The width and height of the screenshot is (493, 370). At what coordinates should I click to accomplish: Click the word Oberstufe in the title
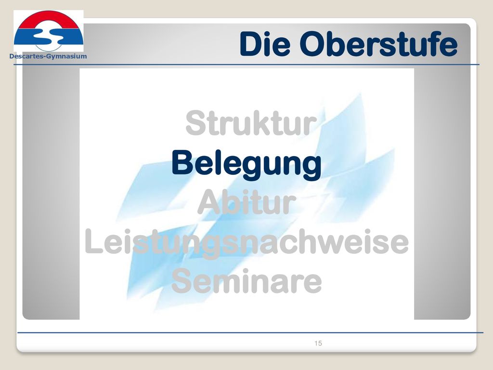(x=378, y=44)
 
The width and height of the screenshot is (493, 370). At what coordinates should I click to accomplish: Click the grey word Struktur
(x=251, y=123)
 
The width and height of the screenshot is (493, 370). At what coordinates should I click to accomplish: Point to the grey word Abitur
(x=247, y=202)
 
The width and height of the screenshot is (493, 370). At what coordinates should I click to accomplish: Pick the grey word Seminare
(x=247, y=281)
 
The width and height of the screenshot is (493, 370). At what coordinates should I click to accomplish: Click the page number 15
(x=318, y=343)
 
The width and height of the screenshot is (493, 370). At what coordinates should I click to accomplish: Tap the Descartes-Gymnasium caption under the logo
(x=48, y=56)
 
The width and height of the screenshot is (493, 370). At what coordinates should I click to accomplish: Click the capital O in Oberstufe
(x=313, y=44)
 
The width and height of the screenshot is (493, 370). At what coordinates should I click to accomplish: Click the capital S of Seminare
(x=182, y=281)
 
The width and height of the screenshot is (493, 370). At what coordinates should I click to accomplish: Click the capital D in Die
(x=251, y=44)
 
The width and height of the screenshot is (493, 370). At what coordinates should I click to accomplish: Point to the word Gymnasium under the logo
(x=66, y=57)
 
